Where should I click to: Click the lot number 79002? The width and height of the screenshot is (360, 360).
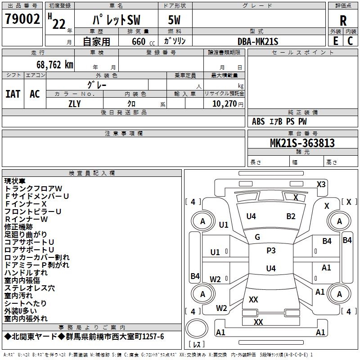point(22,19)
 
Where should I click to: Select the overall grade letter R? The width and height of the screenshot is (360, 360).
point(343,21)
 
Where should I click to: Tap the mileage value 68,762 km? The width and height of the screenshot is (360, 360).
point(55,65)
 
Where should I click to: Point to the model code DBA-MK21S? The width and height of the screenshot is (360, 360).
point(258,41)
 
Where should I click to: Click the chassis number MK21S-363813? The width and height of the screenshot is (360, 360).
point(302,143)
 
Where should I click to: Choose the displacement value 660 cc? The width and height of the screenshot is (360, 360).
point(143,42)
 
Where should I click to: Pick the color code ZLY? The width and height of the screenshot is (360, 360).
point(75,104)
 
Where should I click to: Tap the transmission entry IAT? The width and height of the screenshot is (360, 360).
point(13,94)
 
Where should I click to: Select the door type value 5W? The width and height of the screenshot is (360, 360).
point(174,20)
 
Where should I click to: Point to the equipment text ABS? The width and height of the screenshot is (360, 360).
point(258,121)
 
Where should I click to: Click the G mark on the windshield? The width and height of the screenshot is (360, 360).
point(257,237)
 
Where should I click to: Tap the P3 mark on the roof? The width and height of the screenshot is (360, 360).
point(271,251)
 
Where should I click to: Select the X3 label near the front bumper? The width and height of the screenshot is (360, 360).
point(321,184)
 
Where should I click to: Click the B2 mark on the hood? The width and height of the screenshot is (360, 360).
point(291,216)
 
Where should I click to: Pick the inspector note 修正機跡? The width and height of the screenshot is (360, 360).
point(18,227)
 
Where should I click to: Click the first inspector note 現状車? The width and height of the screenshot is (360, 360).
point(15,181)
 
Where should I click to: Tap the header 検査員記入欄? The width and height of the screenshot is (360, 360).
point(92,173)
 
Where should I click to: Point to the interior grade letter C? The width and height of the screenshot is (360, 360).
point(350,41)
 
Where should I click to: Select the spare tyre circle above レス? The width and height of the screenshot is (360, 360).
point(197,328)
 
